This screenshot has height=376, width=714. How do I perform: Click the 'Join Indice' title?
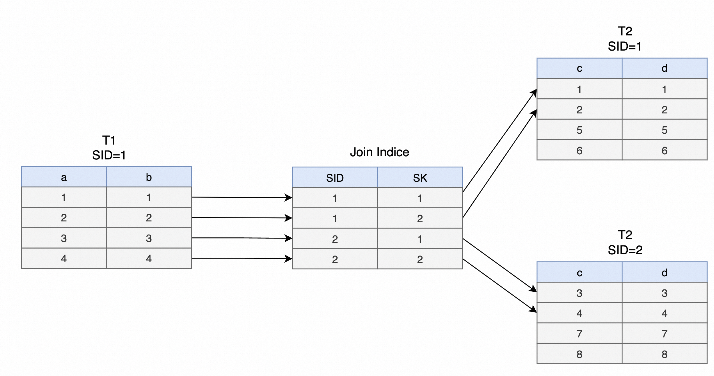[379, 152]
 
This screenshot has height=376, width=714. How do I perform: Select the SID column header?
[335, 178]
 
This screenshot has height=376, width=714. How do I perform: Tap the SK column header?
[420, 178]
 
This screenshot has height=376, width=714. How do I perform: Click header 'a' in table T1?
[64, 177]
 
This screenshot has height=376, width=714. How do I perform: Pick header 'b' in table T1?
[149, 177]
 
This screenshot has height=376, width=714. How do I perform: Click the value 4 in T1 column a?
[64, 259]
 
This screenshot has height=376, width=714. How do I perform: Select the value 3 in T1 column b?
[149, 238]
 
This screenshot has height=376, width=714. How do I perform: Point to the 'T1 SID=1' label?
[109, 148]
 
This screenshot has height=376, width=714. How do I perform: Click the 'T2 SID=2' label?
[625, 243]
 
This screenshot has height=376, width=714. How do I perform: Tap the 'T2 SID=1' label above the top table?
[625, 39]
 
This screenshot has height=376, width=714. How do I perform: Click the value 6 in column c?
[579, 151]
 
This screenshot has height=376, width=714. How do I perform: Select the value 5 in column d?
[664, 130]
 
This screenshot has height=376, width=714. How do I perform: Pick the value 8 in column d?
[664, 354]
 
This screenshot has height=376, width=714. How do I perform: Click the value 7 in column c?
[579, 334]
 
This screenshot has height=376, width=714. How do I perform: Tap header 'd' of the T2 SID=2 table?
[664, 273]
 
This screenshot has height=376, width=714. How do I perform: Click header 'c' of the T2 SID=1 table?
[579, 69]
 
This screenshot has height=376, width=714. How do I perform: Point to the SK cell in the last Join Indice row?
[420, 259]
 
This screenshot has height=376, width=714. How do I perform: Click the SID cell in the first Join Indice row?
[335, 198]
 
